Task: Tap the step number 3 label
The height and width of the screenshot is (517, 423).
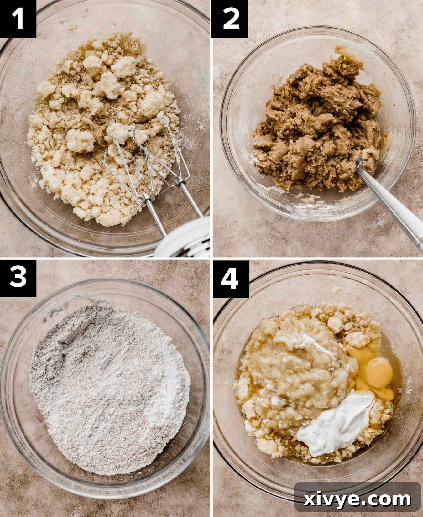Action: tap(18, 277)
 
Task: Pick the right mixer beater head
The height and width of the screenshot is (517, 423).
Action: tap(160, 147)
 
